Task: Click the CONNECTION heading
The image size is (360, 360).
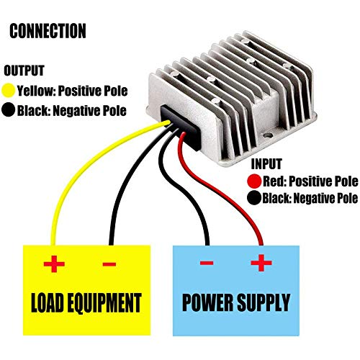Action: (x=48, y=31)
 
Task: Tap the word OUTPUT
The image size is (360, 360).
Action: (x=24, y=71)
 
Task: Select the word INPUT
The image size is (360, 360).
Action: (x=266, y=164)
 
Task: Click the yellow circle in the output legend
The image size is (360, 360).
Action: (x=10, y=91)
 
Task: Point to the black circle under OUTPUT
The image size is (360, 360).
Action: (x=10, y=111)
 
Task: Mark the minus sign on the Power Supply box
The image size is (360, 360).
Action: (x=207, y=264)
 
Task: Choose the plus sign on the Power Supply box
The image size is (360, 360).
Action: (x=260, y=264)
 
